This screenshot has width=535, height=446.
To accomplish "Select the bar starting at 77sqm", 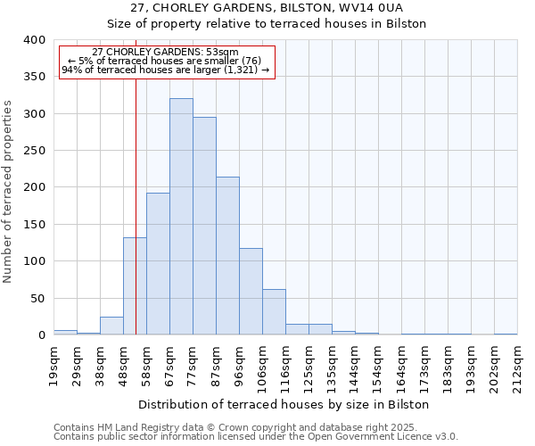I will [x=204, y=227].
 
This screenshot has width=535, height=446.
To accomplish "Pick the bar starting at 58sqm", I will [x=158, y=264].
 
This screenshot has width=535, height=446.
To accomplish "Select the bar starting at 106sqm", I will [x=274, y=312].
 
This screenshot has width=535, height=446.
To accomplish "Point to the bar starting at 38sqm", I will [x=111, y=326].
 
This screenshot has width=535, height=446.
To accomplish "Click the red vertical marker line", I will [x=136, y=205].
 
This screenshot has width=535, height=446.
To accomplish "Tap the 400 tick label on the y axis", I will [x=34, y=40].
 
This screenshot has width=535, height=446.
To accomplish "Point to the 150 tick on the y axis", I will [x=34, y=225].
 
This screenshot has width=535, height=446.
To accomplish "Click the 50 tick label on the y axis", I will [x=37, y=299].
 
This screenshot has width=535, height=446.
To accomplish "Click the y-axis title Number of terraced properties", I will [x=9, y=191].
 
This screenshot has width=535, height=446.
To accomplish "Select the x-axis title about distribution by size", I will [x=284, y=404].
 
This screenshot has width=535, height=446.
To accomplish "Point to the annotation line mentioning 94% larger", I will [x=166, y=70].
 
